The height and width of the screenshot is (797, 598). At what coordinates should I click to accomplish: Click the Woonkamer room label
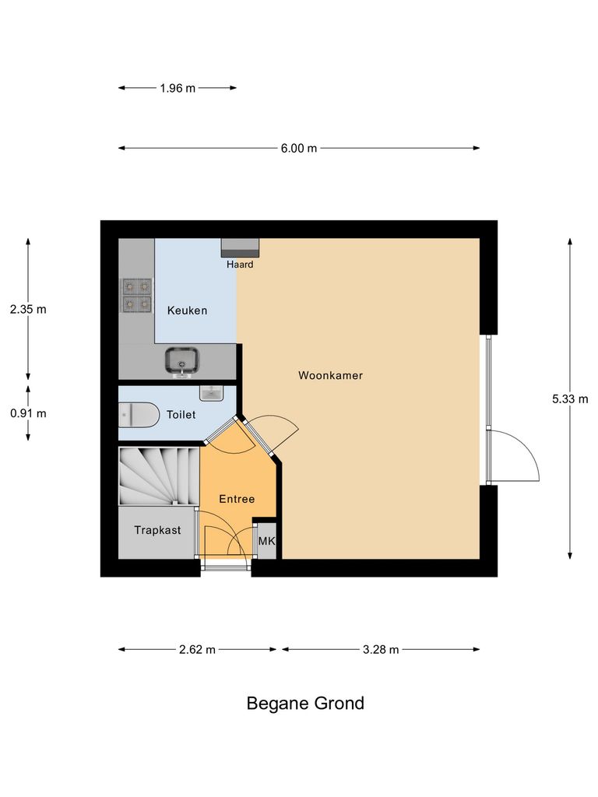330,375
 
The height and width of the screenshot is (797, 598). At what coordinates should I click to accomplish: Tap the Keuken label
187,311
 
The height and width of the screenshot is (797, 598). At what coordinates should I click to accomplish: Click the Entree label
237,499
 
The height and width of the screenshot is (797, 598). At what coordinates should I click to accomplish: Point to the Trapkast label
157,531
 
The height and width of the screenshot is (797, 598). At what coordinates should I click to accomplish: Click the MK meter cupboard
266,541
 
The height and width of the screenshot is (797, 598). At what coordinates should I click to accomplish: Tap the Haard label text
240,265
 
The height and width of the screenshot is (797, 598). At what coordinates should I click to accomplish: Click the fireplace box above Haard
240,248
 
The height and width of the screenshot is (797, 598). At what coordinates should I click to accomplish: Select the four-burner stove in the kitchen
136,295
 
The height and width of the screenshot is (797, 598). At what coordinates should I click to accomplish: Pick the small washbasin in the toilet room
211,392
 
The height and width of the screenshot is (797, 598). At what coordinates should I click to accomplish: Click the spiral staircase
158,476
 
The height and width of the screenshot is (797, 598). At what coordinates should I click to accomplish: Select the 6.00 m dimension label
300,149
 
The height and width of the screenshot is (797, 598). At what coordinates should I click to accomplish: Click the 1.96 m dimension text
178,88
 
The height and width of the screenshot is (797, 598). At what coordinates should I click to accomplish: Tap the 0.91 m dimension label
28,413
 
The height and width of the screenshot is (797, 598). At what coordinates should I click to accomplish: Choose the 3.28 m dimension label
381,650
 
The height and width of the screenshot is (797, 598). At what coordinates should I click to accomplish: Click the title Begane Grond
305,704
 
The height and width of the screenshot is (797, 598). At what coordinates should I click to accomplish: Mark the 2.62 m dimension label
197,650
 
